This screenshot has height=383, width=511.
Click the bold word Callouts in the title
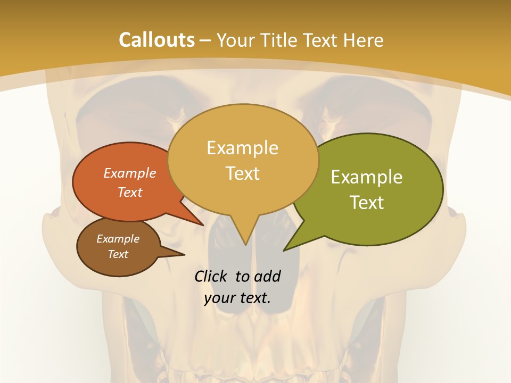point(156,40)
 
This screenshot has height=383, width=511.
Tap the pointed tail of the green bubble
point(285,249)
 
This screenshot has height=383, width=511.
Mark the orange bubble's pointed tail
point(202,224)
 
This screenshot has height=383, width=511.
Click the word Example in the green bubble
point(367,177)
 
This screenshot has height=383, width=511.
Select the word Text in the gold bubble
point(243,173)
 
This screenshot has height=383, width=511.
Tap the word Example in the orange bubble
point(130,173)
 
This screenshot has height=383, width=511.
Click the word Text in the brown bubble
point(118,254)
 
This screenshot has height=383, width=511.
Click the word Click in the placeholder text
point(212,276)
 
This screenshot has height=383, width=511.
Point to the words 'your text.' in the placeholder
point(237,298)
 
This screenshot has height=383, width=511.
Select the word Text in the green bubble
point(367,203)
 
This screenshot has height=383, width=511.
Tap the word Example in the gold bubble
point(243,148)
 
